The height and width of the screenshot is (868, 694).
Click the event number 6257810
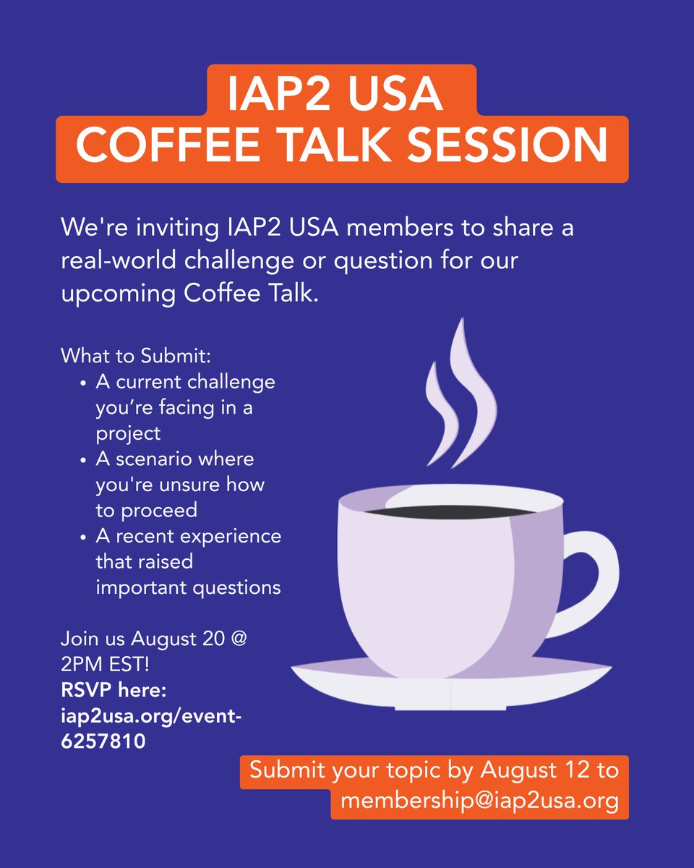click(x=103, y=741)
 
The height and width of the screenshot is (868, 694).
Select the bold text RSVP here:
click(x=114, y=691)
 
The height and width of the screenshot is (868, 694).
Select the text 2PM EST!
click(x=106, y=665)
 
